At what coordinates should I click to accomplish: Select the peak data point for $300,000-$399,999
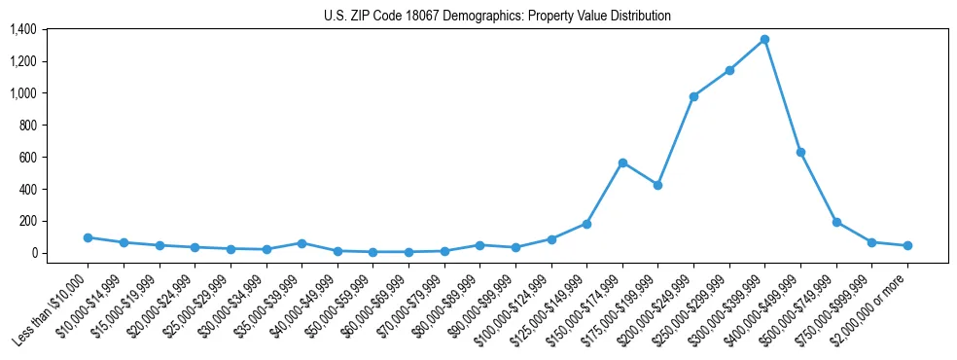(764, 40)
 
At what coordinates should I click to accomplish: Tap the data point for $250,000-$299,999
(729, 70)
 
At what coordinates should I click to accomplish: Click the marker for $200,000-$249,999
(693, 96)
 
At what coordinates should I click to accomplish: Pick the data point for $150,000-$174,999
(622, 162)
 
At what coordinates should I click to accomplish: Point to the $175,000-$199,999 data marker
(657, 185)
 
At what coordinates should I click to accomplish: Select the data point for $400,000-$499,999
(800, 152)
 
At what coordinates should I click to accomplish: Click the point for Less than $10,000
(88, 237)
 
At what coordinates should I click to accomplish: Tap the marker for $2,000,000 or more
(907, 245)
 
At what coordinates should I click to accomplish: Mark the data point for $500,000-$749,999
(836, 222)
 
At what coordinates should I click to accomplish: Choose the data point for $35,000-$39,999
(301, 243)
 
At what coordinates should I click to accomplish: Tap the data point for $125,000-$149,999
(586, 224)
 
